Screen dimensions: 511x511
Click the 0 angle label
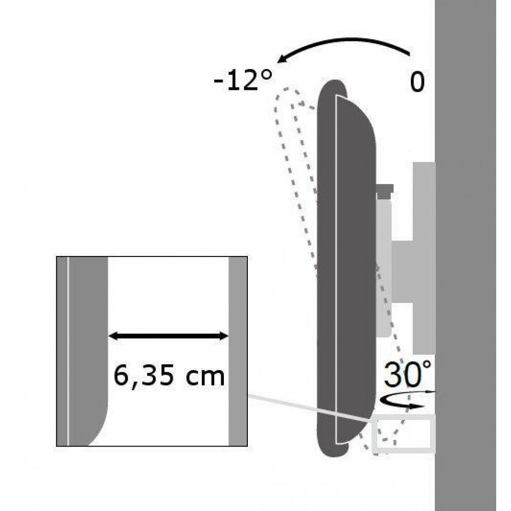click(417, 82)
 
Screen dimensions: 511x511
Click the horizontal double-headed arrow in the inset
click(169, 336)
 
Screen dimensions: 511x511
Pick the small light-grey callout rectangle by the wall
click(404, 434)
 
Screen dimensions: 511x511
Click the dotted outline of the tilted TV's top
click(289, 97)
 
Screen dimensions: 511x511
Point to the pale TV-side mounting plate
click(384, 266)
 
